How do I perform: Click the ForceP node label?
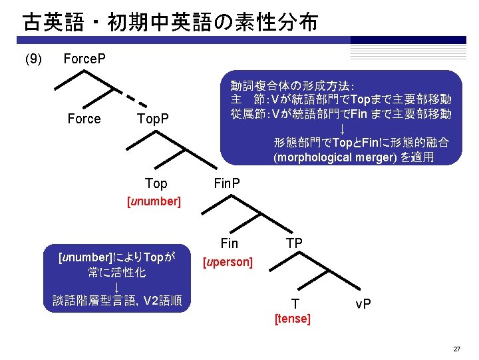click(84, 59)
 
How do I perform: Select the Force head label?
click(84, 119)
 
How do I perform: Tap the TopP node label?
click(152, 119)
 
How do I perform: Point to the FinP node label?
click(227, 183)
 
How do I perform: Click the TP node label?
click(295, 244)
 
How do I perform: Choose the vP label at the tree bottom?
click(363, 304)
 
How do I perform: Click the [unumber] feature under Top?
click(154, 201)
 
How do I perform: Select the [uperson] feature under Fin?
click(228, 262)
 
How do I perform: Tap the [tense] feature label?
click(293, 319)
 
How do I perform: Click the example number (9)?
click(33, 60)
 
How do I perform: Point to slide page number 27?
click(456, 349)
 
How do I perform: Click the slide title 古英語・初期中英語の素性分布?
click(170, 23)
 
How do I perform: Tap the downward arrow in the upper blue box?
click(342, 128)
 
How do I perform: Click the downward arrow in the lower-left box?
click(116, 287)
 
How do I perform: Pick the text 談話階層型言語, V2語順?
click(117, 301)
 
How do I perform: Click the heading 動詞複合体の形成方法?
click(293, 86)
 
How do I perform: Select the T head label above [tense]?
click(295, 304)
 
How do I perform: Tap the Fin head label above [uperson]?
click(229, 244)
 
